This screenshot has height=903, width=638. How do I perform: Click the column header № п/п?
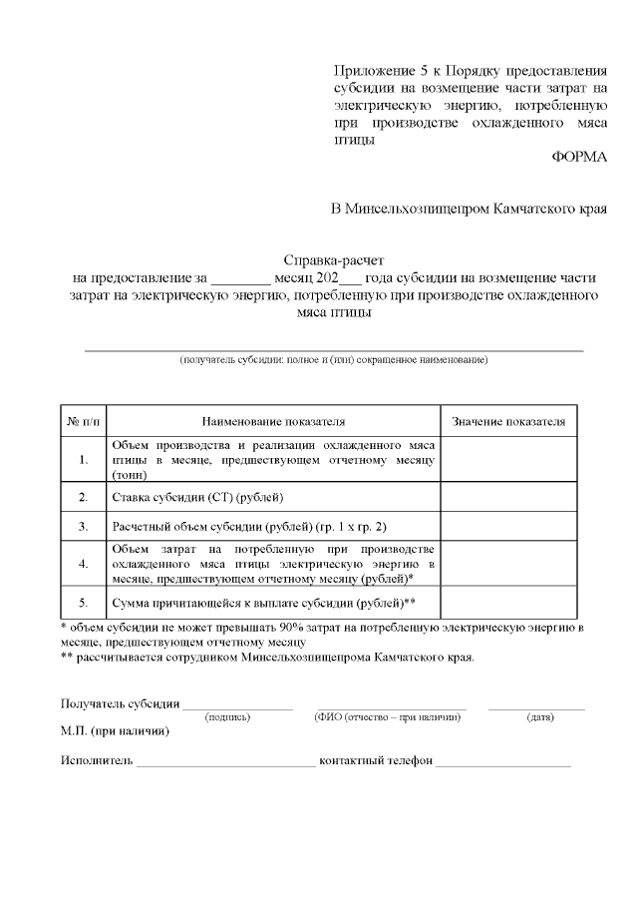(83, 422)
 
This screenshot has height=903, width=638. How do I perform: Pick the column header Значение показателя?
(508, 422)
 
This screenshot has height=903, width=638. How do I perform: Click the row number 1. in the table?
(83, 460)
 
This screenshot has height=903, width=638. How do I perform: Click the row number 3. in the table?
(83, 524)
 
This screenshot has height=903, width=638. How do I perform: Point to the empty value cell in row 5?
(508, 603)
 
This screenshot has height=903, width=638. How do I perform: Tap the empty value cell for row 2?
(508, 496)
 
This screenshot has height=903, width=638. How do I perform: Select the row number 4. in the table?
(83, 564)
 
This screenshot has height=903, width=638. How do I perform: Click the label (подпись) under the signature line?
(227, 716)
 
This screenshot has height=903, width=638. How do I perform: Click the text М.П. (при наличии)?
(115, 731)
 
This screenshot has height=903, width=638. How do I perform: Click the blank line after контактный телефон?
(503, 763)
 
